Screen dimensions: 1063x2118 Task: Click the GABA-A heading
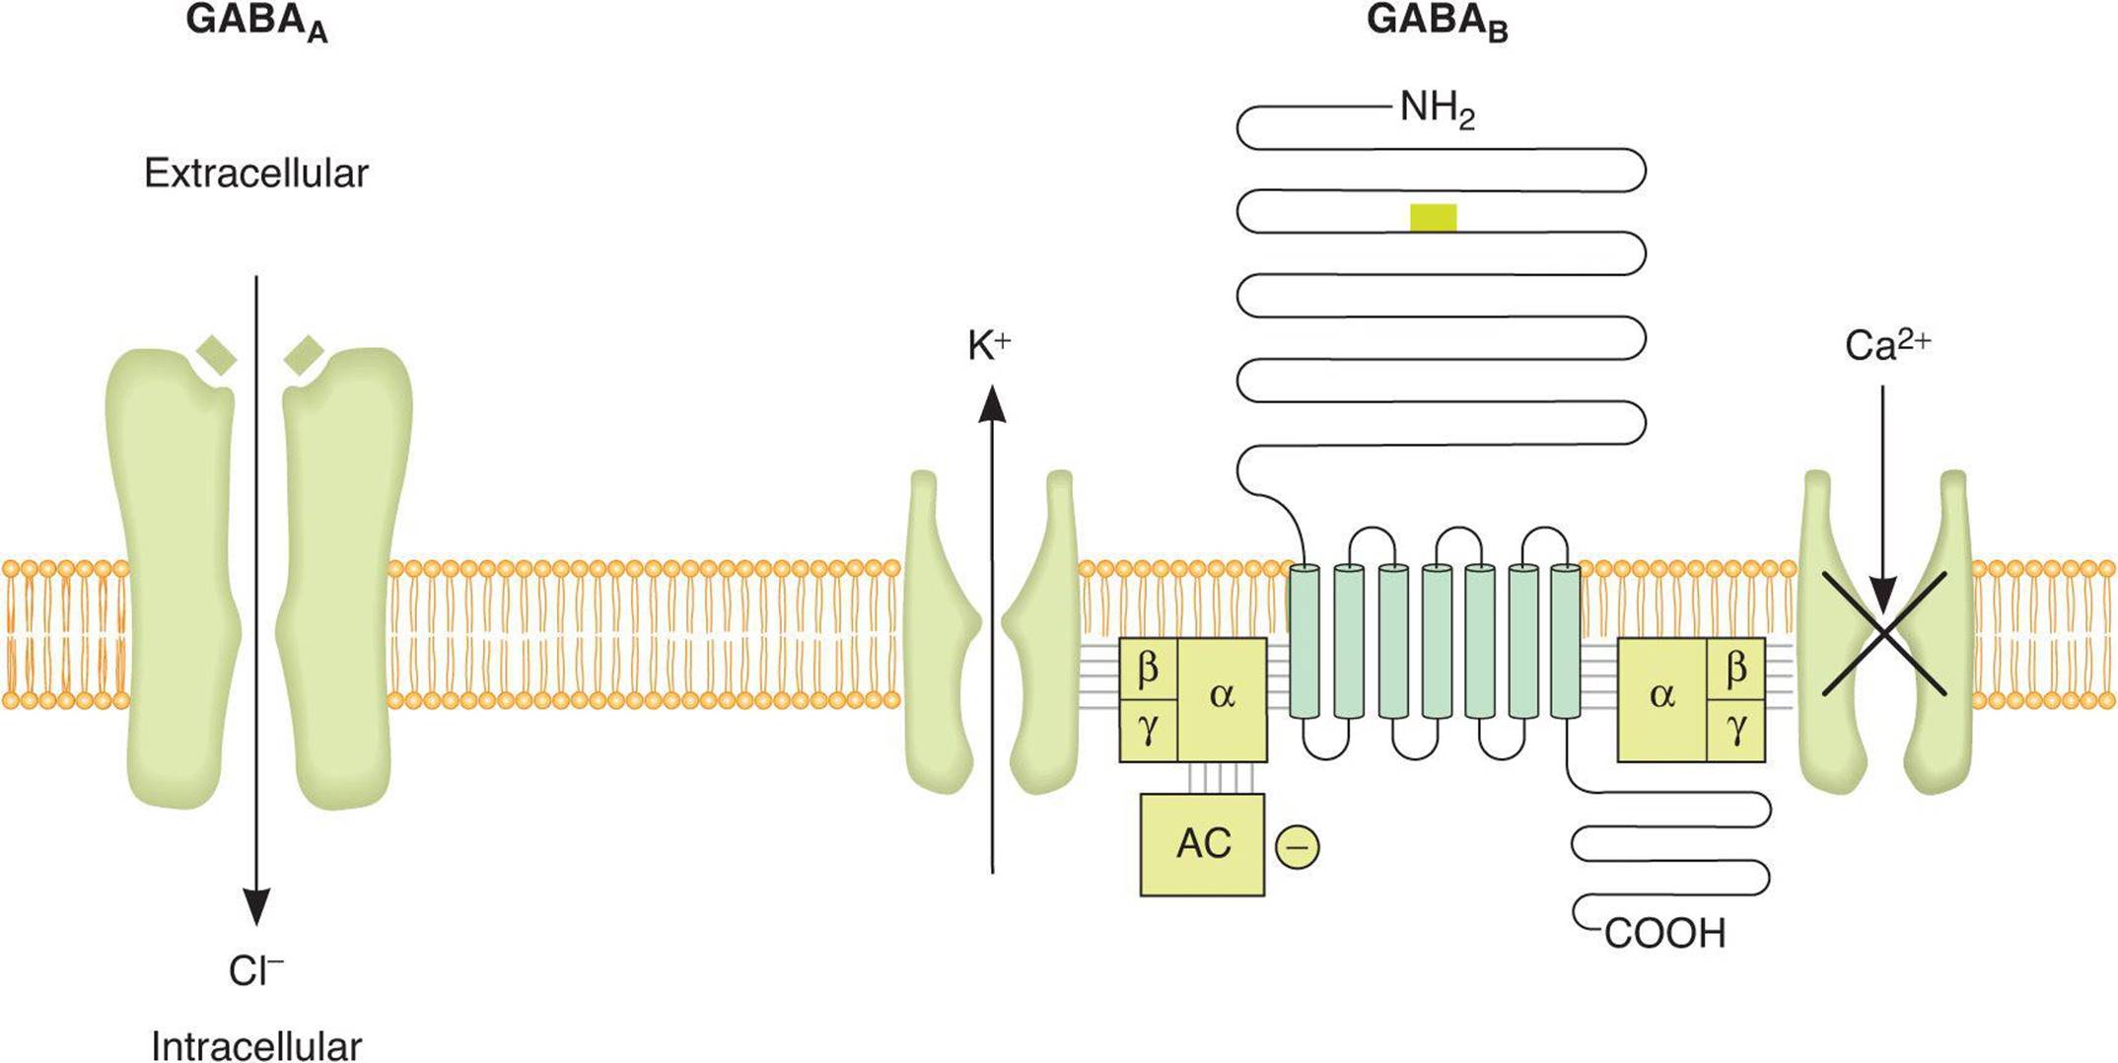(255, 24)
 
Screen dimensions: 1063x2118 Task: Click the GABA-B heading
(1436, 24)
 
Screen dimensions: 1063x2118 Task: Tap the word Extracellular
(255, 174)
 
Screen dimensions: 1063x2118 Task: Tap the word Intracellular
(255, 1045)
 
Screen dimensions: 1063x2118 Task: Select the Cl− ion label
(255, 971)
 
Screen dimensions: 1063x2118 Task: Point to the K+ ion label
(989, 346)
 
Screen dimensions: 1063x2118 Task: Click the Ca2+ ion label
(1886, 345)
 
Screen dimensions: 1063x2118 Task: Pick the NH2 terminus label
(1437, 108)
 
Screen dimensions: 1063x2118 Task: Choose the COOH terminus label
(1664, 933)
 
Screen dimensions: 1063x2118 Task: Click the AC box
(1202, 844)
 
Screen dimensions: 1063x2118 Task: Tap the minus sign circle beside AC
(1297, 847)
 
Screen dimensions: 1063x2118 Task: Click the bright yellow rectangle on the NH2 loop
(1433, 218)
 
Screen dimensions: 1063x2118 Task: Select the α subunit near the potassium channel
(1222, 696)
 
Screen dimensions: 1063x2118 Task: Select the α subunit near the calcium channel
(1661, 696)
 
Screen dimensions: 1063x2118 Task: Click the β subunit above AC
(1148, 669)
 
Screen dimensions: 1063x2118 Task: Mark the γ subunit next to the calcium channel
(1736, 730)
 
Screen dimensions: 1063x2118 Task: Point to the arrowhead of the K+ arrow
(992, 404)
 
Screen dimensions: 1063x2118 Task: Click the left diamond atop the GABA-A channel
(217, 356)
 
